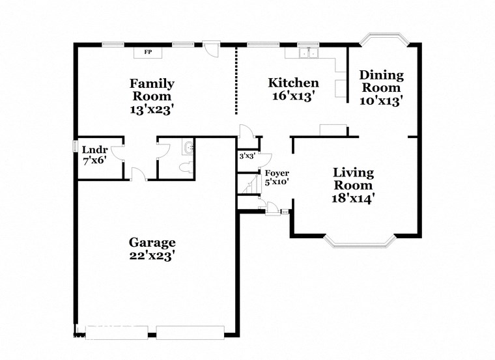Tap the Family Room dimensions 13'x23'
coord(151,110)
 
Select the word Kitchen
coord(294,83)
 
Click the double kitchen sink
coord(307,53)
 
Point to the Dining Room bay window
coord(384,38)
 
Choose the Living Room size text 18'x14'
coord(354,198)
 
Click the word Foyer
coord(277,173)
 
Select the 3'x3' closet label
coord(247,156)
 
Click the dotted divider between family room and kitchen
coord(236,79)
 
